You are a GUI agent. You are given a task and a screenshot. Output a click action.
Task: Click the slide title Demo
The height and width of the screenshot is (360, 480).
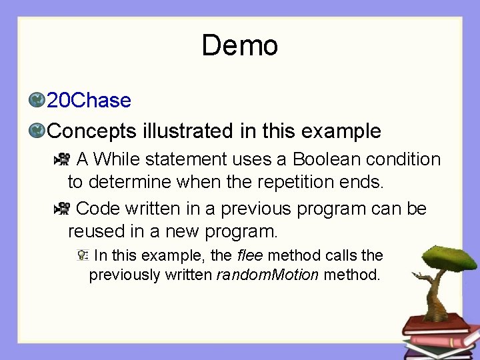click(x=239, y=46)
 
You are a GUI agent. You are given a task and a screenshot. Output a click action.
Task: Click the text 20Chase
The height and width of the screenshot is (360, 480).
click(x=89, y=101)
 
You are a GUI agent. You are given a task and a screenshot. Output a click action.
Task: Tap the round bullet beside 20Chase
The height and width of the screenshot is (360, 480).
click(x=37, y=101)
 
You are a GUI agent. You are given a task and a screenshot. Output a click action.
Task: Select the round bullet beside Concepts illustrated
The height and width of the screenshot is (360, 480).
click(x=37, y=131)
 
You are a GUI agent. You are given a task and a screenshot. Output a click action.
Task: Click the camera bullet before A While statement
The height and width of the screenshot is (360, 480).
click(x=62, y=159)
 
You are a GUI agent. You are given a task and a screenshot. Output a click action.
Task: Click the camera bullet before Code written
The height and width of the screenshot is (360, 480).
click(x=62, y=209)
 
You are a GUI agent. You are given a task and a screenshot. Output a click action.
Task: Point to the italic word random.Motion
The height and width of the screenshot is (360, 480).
click(x=268, y=275)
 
